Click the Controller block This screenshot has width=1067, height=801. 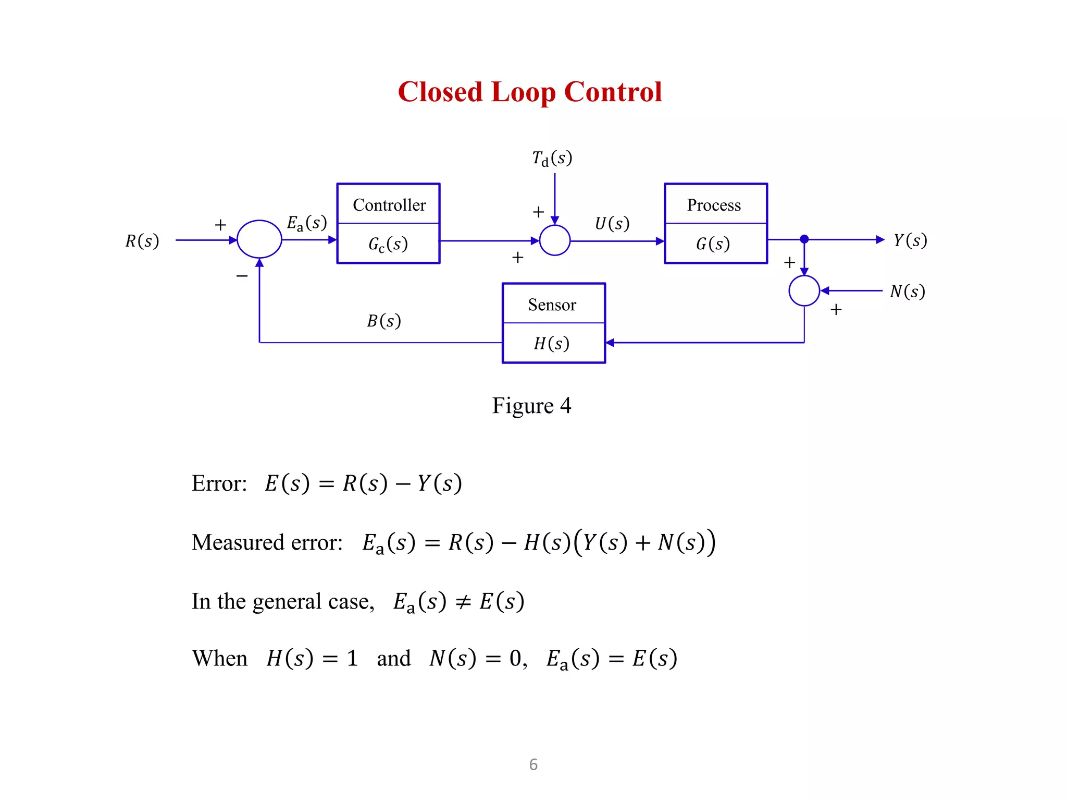(x=389, y=223)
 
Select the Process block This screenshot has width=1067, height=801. (x=716, y=223)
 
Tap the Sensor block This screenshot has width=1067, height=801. (x=554, y=323)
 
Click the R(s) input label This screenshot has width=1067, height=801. (x=142, y=241)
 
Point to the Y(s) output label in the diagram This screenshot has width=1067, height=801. (x=910, y=240)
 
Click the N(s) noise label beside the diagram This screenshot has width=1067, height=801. (x=907, y=292)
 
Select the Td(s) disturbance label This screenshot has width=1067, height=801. (x=552, y=158)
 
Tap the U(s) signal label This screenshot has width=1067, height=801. (x=612, y=224)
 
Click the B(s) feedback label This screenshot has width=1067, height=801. (x=384, y=321)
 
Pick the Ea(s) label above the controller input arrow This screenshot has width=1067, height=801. (x=307, y=223)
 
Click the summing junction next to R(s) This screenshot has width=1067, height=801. (x=259, y=239)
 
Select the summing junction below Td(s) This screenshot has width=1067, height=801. (x=555, y=240)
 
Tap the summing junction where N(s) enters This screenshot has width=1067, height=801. (x=804, y=290)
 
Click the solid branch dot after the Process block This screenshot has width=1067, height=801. (x=804, y=239)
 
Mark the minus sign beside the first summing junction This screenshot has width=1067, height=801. (x=242, y=275)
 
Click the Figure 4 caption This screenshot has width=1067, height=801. (x=531, y=406)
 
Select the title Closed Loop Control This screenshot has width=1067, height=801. (x=530, y=92)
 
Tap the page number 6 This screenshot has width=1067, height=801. (x=533, y=764)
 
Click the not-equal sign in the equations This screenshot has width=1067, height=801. (x=463, y=602)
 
